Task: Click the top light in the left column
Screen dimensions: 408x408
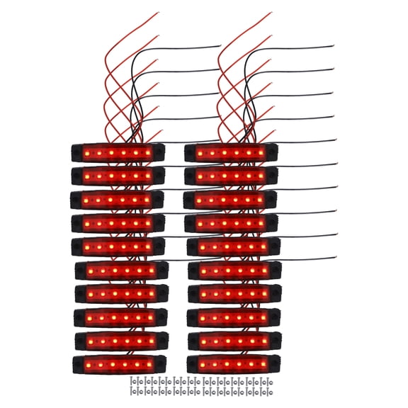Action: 118,152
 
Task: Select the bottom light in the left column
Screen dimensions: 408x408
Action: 120,364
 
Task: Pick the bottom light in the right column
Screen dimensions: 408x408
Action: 234,364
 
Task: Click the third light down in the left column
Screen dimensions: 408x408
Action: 117,200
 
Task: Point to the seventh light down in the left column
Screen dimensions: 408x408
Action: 120,293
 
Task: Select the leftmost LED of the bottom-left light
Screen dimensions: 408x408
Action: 89,365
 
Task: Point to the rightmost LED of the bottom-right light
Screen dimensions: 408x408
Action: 264,365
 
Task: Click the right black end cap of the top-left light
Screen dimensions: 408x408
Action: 159,152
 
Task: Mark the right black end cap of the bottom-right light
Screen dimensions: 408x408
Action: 276,364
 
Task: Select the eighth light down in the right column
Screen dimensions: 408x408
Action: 234,317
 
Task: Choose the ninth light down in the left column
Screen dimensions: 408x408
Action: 120,341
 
